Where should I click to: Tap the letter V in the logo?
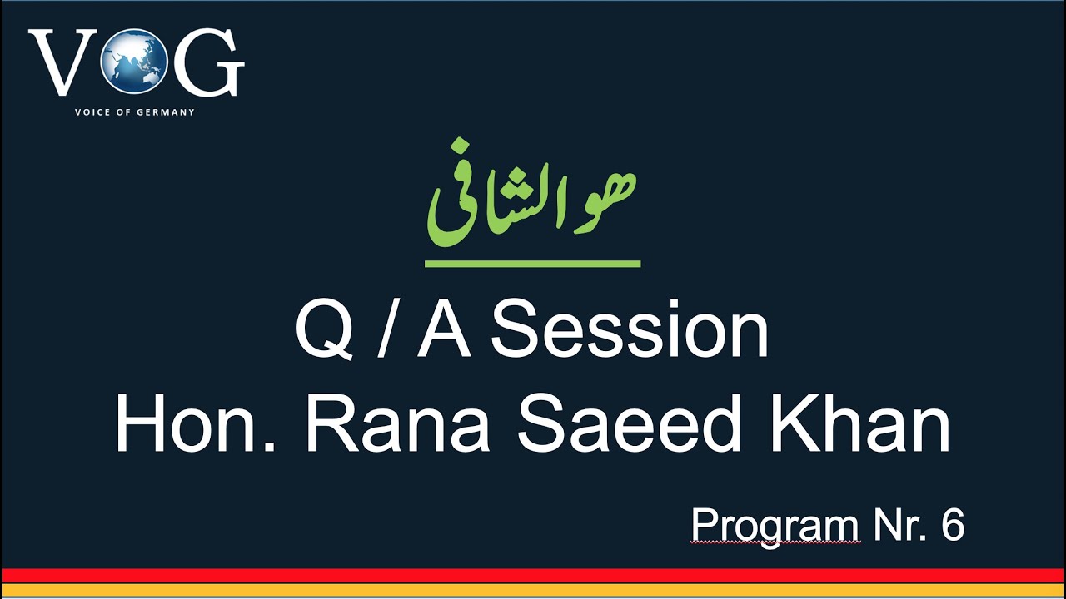(x=63, y=62)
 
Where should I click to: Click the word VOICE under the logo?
(x=91, y=112)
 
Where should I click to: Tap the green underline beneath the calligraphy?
(x=532, y=264)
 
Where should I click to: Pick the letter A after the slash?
(x=443, y=331)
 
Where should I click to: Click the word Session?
(x=630, y=331)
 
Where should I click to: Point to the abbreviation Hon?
(x=196, y=426)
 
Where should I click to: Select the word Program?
(x=775, y=526)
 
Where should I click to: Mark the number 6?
(x=953, y=526)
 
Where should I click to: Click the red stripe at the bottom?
(x=533, y=575)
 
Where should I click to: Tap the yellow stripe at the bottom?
(x=533, y=591)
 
